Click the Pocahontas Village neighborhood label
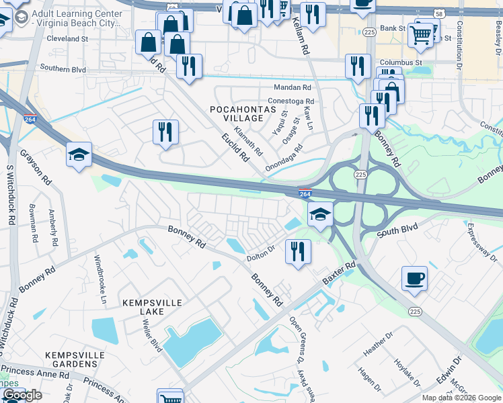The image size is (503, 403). coord(243,113)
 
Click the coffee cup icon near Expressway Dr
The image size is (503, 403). coord(414,277)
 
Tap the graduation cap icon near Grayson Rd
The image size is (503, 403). coord(79,155)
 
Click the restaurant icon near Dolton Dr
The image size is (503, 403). coord(297,251)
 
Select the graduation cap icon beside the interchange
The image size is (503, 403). coord(321,215)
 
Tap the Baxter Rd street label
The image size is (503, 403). coord(337,273)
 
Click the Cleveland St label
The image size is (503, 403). coord(67,39)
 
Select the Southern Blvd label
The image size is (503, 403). coord(63,68)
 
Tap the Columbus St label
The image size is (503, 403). coord(400,62)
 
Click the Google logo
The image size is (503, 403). coord(22,395)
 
